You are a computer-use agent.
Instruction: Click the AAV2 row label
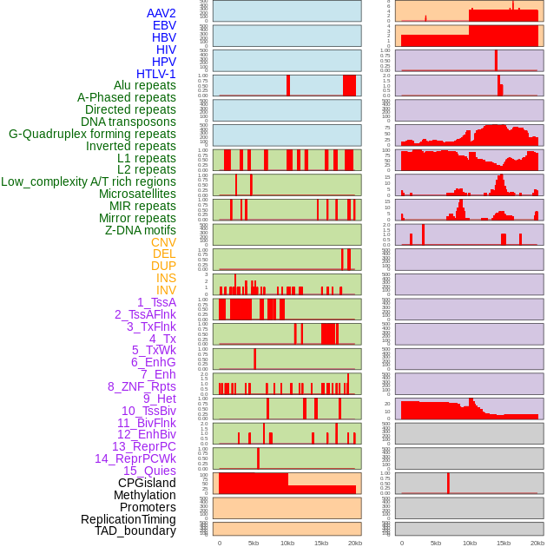point(161,13)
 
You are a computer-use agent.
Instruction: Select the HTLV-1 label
point(156,74)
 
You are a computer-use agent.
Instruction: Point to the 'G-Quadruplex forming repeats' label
point(92,134)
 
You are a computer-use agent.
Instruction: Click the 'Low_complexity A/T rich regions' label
point(89,181)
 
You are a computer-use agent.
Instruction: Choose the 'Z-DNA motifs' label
point(141,230)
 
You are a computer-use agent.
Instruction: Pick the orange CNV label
point(163,242)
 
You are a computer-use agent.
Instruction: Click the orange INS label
point(166,278)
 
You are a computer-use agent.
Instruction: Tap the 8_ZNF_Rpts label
point(142,386)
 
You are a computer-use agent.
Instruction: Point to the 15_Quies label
point(149,471)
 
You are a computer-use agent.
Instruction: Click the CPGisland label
point(147,483)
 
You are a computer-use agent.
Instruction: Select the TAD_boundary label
point(135,531)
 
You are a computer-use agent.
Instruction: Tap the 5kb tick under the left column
point(254,543)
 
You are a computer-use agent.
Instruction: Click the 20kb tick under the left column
point(355,543)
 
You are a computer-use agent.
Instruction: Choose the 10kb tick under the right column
point(470,543)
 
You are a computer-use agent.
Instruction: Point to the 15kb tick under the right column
point(504,543)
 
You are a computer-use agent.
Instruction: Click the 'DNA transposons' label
point(129,122)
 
